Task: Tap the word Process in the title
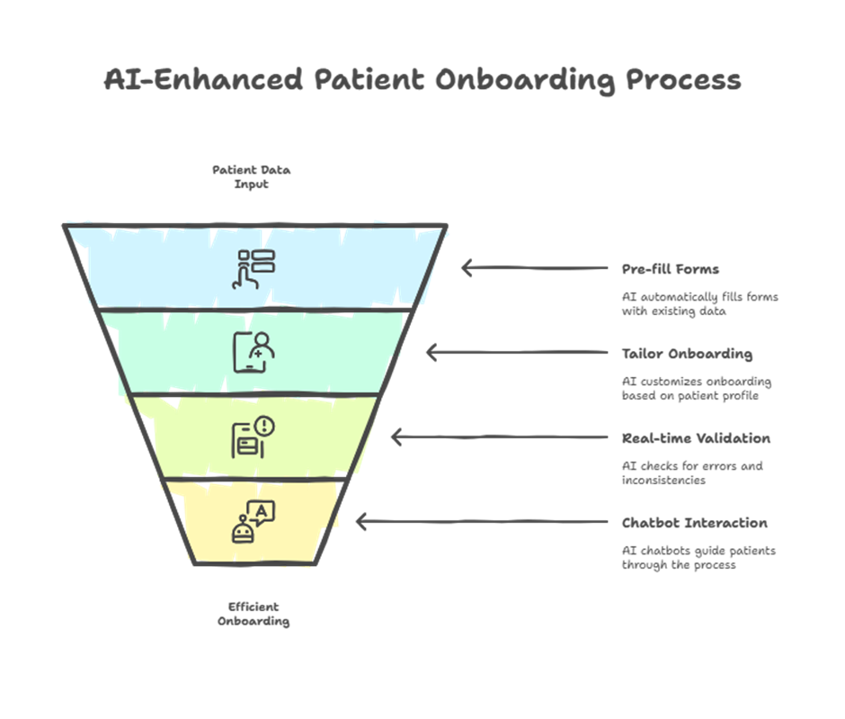[x=683, y=81]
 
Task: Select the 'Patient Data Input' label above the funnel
[x=251, y=177]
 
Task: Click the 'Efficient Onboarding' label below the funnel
[x=253, y=614]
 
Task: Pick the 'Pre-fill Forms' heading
[x=671, y=269]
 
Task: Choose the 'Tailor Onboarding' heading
[x=687, y=354]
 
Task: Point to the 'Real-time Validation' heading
[x=697, y=438]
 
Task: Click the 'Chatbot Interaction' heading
[x=695, y=523]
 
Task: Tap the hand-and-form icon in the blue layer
[x=253, y=269]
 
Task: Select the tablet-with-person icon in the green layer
[x=253, y=352]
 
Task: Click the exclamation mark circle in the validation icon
[x=264, y=426]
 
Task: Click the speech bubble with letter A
[x=261, y=512]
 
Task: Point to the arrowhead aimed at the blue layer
[x=467, y=268]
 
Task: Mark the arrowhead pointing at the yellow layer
[x=361, y=522]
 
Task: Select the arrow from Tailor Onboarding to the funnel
[x=517, y=353]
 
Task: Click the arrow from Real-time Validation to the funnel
[x=500, y=437]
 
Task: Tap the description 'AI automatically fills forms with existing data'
[x=700, y=303]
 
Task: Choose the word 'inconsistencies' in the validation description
[x=663, y=480]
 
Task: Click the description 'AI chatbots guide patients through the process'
[x=699, y=558]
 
